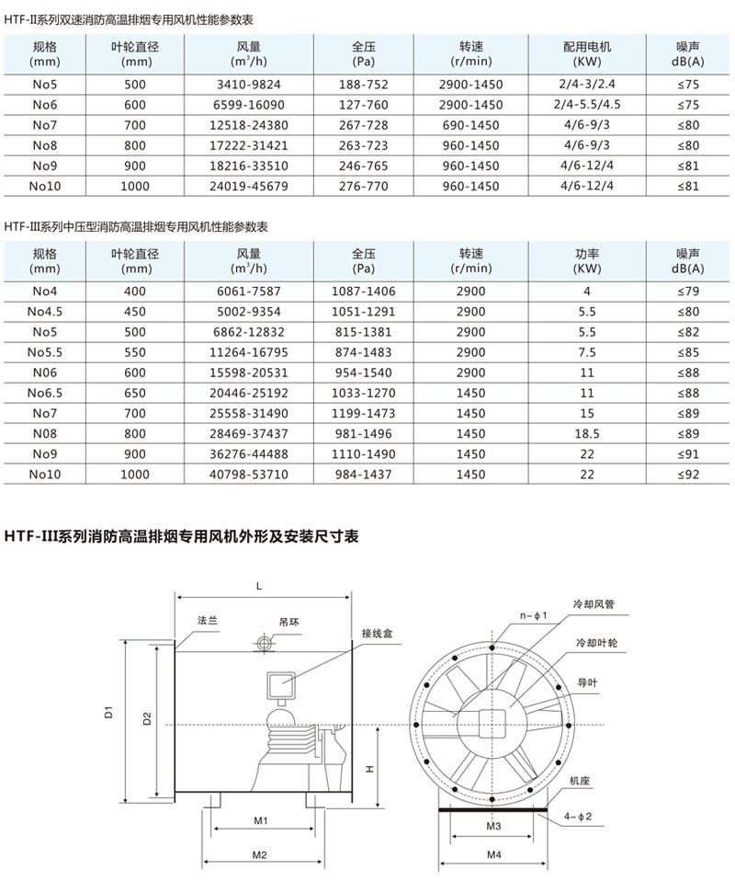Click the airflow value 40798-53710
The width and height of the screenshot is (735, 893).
pos(251,474)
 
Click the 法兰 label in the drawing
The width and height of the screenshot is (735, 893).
pos(207,621)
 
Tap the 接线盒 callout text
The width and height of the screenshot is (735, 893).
pos(377,633)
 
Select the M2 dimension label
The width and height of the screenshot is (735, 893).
pos(259,854)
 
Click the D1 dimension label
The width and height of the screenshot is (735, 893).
pos(107,711)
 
